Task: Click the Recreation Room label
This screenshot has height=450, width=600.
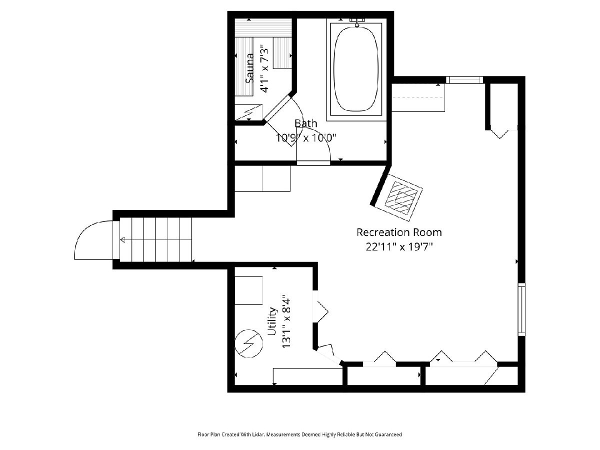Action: pyautogui.click(x=399, y=232)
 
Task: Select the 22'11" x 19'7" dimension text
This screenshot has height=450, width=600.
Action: pyautogui.click(x=399, y=247)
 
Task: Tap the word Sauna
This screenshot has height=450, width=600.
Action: pyautogui.click(x=249, y=68)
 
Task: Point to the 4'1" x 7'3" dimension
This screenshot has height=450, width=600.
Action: pyautogui.click(x=264, y=68)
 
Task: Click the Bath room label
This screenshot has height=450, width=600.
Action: pyautogui.click(x=306, y=123)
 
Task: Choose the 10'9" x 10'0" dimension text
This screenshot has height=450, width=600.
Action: pyautogui.click(x=305, y=138)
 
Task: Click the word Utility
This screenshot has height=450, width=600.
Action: pyautogui.click(x=271, y=321)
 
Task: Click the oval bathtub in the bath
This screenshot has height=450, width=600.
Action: pyautogui.click(x=356, y=69)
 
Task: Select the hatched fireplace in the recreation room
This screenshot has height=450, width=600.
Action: pyautogui.click(x=401, y=197)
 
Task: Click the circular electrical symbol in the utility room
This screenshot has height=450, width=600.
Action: pyautogui.click(x=248, y=343)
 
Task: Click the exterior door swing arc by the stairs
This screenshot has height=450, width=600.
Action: pyautogui.click(x=87, y=232)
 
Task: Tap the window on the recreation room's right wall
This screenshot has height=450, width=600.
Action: pyautogui.click(x=521, y=309)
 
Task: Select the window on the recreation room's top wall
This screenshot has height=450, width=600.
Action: pyautogui.click(x=464, y=80)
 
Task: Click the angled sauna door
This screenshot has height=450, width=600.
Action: pyautogui.click(x=277, y=107)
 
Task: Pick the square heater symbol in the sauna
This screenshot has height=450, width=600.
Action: pyautogui.click(x=248, y=112)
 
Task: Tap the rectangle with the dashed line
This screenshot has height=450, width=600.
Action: pyautogui.click(x=418, y=97)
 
